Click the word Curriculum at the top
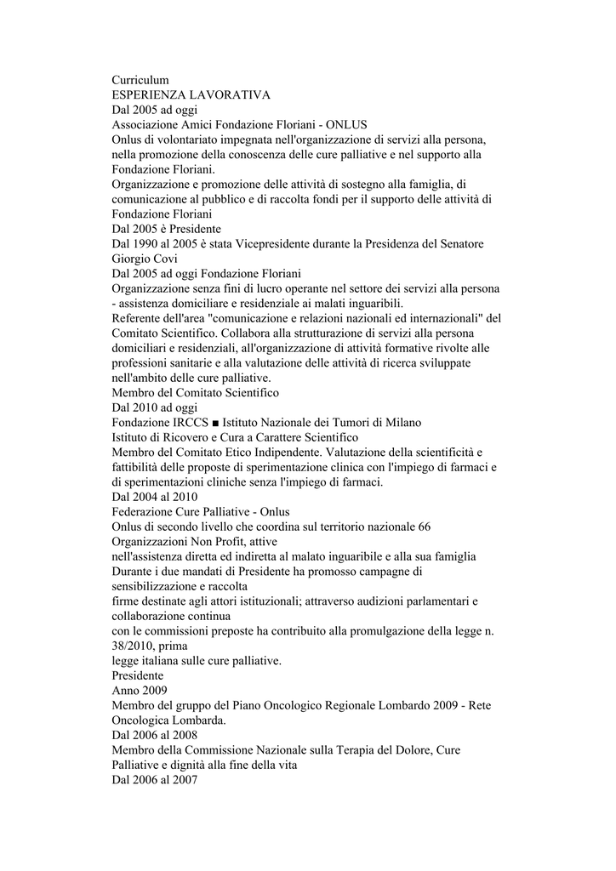140,79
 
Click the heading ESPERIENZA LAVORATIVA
191,94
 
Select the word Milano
399,423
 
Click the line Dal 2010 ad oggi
154,407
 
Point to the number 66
425,527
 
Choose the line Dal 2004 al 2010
154,497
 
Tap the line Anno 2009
140,691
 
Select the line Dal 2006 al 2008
154,735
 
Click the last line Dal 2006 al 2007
154,780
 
